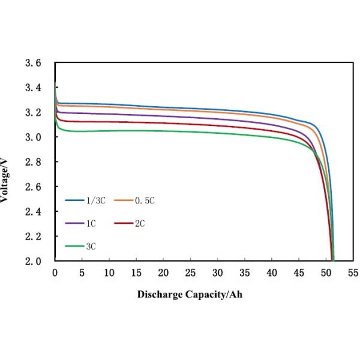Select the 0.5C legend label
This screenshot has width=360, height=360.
click(x=146, y=201)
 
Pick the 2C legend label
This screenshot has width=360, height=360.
click(x=140, y=223)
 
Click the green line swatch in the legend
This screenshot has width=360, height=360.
click(x=74, y=246)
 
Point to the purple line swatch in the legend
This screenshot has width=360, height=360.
click(x=74, y=223)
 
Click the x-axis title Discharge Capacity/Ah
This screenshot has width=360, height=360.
click(x=190, y=295)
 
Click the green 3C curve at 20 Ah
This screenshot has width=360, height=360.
click(x=163, y=131)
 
